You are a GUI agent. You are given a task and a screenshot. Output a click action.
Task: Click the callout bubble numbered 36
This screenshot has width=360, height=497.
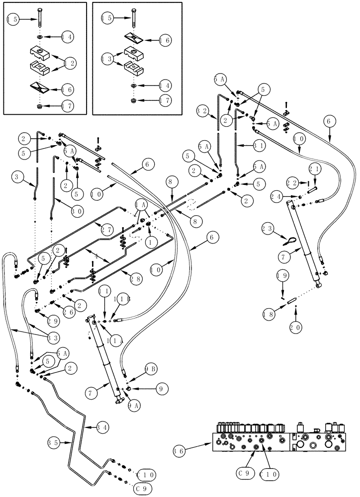(179, 451)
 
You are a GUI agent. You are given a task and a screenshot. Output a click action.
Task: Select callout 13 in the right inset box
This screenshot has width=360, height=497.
(106, 59)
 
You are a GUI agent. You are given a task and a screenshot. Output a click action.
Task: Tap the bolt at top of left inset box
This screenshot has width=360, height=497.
(38, 19)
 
